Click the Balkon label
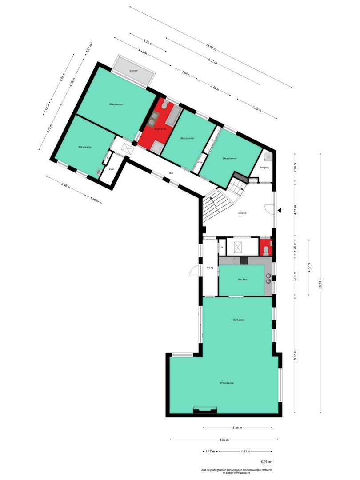pyautogui.click(x=133, y=71)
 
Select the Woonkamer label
pyautogui.click(x=227, y=383)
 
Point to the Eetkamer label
pyautogui.click(x=239, y=320)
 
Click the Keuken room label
pyautogui.click(x=242, y=280)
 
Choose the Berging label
pyautogui.click(x=264, y=168)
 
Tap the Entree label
pyautogui.click(x=242, y=213)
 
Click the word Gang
pyautogui.click(x=210, y=268)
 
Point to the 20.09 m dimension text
pyautogui.click(x=320, y=283)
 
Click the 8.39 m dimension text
pyautogui.click(x=224, y=440)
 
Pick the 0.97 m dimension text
pyautogui.click(x=266, y=462)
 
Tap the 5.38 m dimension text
pyautogui.click(x=238, y=428)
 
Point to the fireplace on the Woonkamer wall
pyautogui.click(x=205, y=410)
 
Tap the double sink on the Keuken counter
pyautogui.click(x=268, y=278)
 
